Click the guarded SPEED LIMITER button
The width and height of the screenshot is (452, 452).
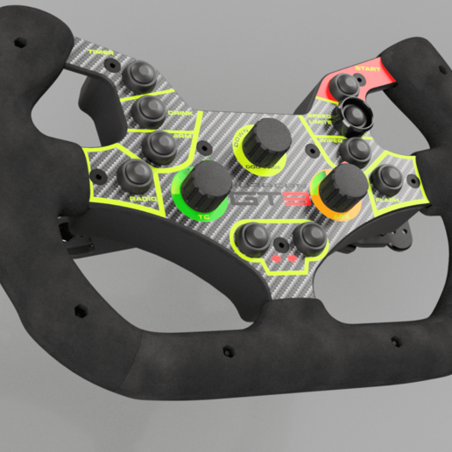click(x=356, y=112)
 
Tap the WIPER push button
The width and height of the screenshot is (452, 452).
click(x=355, y=150)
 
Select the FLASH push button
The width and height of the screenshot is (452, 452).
click(x=386, y=179)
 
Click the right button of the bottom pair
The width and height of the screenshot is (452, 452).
click(x=306, y=237)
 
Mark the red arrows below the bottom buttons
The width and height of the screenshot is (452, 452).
click(x=282, y=260)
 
